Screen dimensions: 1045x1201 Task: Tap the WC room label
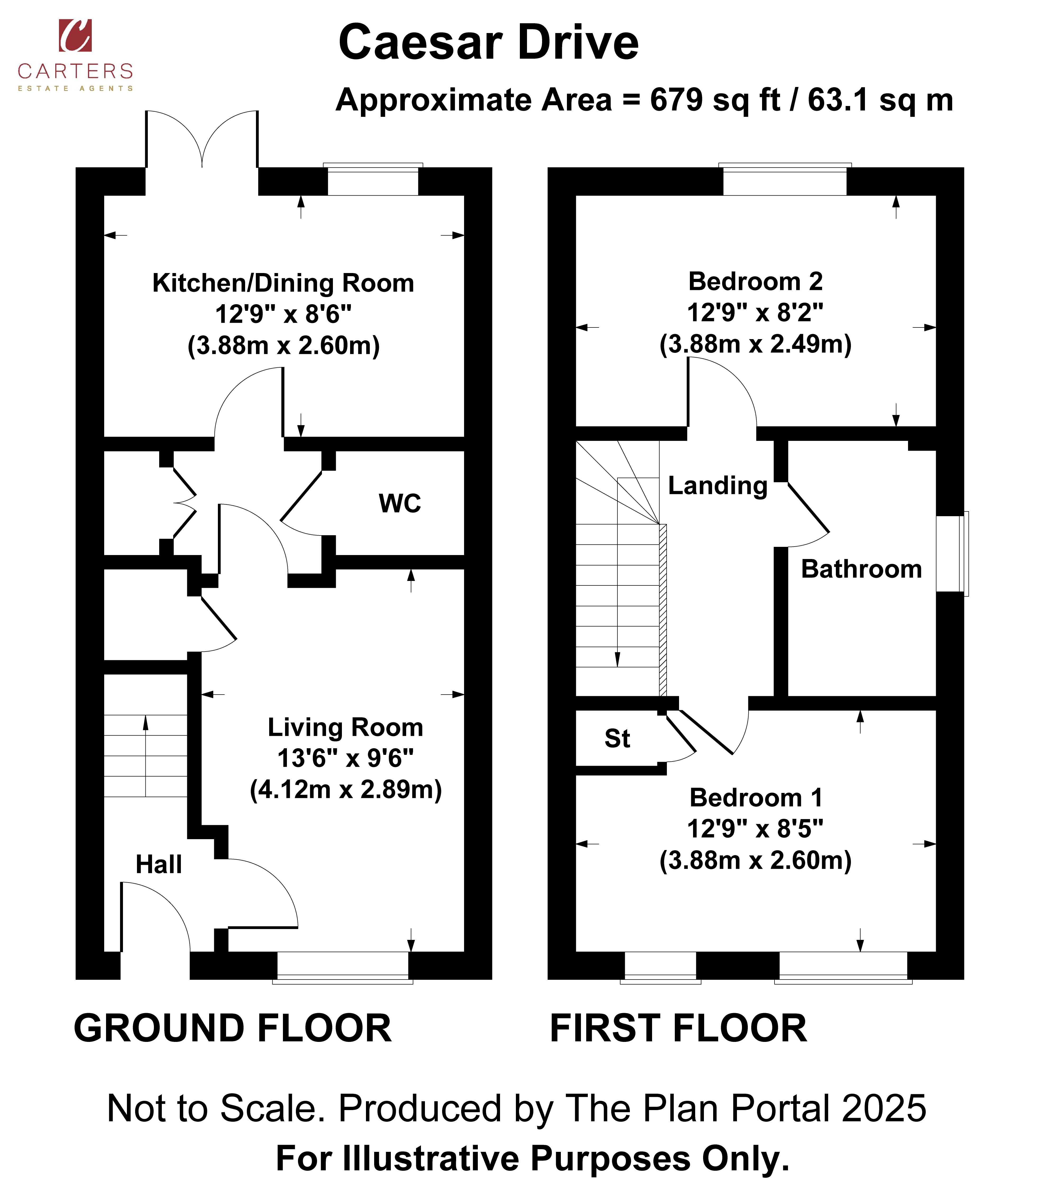[x=400, y=504]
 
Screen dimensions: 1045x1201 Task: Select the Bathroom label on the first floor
[x=861, y=569]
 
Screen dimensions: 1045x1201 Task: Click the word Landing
[x=718, y=486]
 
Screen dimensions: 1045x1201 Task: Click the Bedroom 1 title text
[x=756, y=798]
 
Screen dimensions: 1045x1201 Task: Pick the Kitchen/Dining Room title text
[x=283, y=283]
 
